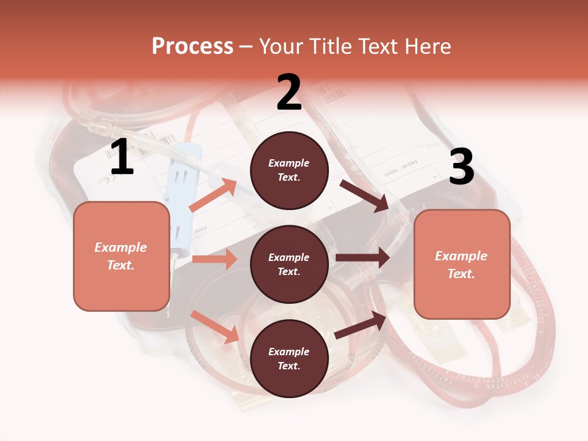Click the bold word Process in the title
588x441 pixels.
192,47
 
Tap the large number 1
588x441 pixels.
121,157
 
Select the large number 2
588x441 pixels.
289,92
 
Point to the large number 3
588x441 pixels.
461,167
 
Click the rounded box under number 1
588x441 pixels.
121,256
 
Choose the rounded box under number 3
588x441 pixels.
462,264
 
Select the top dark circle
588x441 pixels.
289,170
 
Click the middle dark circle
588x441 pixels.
289,264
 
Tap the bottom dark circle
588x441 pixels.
289,358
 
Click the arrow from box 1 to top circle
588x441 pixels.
213,195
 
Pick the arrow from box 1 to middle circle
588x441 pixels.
214,259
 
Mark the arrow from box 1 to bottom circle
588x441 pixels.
215,326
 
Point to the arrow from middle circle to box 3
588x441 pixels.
363,258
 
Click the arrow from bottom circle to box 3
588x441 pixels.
361,325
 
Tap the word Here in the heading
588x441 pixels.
429,47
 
